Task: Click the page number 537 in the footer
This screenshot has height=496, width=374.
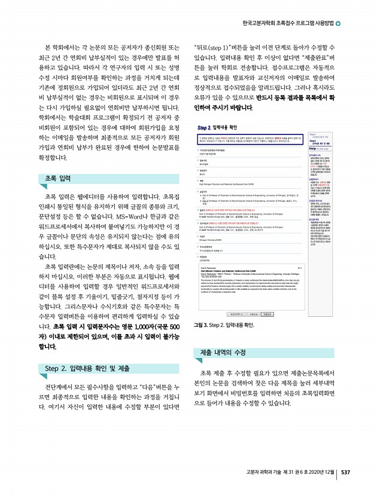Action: click(345, 472)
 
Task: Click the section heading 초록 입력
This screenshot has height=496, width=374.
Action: click(58, 178)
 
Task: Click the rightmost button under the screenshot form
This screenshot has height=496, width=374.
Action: click(267, 313)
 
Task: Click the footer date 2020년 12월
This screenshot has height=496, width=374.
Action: click(319, 472)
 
